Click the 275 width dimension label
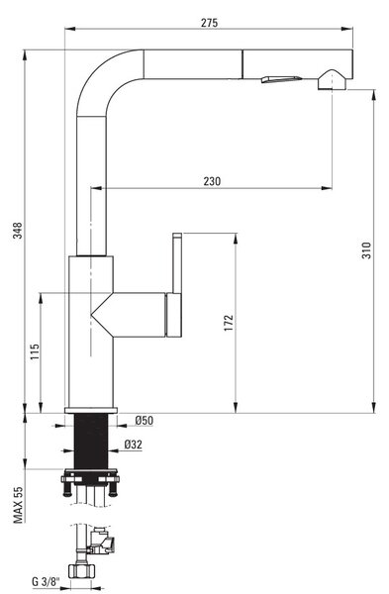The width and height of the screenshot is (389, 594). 209,23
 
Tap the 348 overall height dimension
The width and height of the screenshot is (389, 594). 18,231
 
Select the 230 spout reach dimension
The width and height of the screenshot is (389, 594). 212,181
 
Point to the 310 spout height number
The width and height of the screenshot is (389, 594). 366,250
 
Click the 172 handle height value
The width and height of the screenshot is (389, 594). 229,323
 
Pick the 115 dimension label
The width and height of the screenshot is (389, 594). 35,351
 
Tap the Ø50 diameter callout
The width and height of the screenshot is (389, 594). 144,421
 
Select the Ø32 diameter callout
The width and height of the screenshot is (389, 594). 134,445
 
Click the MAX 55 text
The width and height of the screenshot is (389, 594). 18,505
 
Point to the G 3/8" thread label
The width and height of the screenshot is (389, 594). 46,581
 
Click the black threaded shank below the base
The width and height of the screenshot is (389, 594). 91,442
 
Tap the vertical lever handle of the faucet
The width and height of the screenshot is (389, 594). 177,263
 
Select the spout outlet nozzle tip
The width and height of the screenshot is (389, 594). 332,80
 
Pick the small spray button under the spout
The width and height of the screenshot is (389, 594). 281,79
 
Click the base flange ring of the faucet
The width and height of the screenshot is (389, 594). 91,410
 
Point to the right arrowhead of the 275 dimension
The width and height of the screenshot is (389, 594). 347,29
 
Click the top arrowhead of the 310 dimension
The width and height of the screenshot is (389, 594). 374,95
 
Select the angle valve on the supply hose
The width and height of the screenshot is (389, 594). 101,540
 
